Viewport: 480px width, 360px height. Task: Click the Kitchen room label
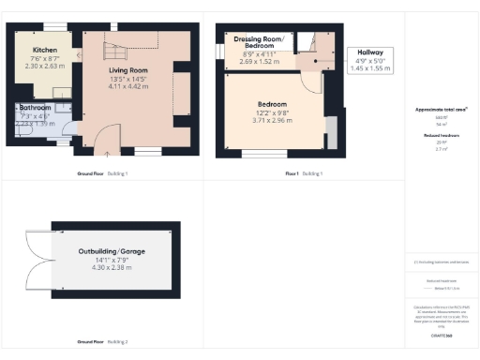tap(44, 50)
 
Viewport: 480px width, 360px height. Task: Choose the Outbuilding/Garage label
tap(112, 252)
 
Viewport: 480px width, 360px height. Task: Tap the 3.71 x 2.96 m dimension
tap(273, 120)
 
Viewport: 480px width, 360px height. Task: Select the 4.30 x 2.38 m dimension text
tap(112, 269)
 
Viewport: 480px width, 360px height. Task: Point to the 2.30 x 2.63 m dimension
tap(44, 67)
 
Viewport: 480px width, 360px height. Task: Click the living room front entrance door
tap(105, 142)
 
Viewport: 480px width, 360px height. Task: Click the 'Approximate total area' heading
tap(442, 110)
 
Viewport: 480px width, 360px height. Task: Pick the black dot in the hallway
tap(316, 64)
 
